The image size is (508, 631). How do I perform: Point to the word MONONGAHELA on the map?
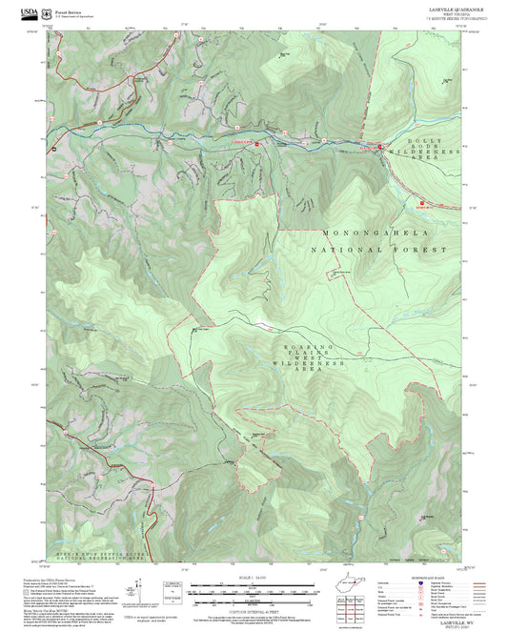click(376, 233)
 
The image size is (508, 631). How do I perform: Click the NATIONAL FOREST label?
click(379, 249)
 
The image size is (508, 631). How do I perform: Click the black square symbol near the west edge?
click(54, 149)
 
